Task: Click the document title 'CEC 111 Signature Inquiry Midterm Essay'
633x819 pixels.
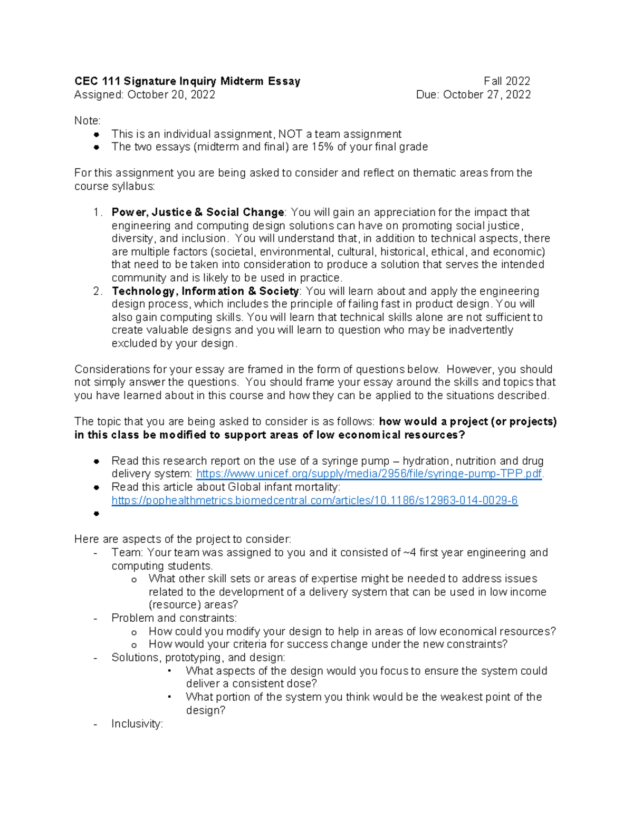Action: pyautogui.click(x=187, y=81)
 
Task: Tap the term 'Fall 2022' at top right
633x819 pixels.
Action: pyautogui.click(x=506, y=81)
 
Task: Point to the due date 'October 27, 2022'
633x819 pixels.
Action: pyautogui.click(x=486, y=94)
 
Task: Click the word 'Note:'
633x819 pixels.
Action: pyautogui.click(x=87, y=121)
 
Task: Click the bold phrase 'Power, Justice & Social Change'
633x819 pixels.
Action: pyautogui.click(x=198, y=212)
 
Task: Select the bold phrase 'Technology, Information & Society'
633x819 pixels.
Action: pyautogui.click(x=205, y=291)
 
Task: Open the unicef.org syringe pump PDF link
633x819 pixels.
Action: pyautogui.click(x=369, y=474)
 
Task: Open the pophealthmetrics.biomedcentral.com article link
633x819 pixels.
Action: pyautogui.click(x=314, y=500)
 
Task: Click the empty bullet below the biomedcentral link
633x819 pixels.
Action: pyautogui.click(x=97, y=514)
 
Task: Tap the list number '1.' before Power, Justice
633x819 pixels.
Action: pyautogui.click(x=98, y=212)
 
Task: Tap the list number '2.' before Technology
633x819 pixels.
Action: pyautogui.click(x=98, y=291)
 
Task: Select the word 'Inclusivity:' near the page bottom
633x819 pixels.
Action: pyautogui.click(x=137, y=724)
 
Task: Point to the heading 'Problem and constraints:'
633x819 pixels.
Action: pyautogui.click(x=174, y=618)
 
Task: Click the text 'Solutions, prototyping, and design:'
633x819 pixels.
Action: pyautogui.click(x=198, y=658)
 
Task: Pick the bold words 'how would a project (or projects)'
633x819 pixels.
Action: pyautogui.click(x=468, y=421)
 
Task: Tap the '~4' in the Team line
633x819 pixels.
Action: pyautogui.click(x=409, y=553)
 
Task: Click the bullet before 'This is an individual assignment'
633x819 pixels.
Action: pyautogui.click(x=97, y=134)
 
